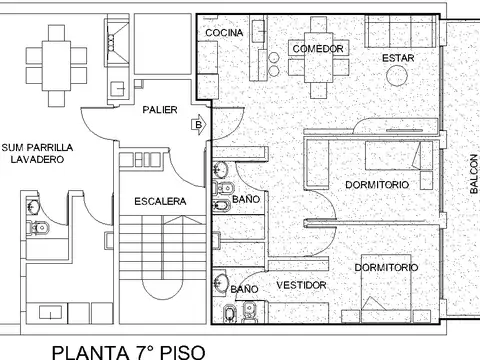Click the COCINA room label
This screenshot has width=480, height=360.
[224, 33]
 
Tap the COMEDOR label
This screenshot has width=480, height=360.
[319, 48]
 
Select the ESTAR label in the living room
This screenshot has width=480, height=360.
[398, 58]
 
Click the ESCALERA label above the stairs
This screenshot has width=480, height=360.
[160, 201]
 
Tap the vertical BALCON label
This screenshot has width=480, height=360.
[473, 175]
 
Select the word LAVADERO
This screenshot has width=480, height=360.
[38, 160]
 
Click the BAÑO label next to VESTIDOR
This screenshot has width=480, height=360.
[244, 289]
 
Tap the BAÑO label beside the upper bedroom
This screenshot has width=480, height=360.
[246, 200]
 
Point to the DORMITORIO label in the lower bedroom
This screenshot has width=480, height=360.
[386, 267]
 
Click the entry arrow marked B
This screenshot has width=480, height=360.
[198, 125]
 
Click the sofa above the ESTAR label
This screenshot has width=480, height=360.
[401, 33]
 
